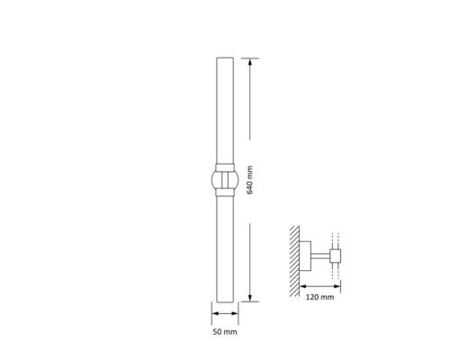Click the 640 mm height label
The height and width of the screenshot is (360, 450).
point(249,180)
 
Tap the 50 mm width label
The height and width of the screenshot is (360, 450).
point(225,332)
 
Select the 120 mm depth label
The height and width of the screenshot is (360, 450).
point(319,297)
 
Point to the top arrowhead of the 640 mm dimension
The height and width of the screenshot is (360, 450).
point(250,61)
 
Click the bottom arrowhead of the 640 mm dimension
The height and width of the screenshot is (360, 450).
point(250,298)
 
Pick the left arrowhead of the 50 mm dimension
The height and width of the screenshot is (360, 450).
point(215,313)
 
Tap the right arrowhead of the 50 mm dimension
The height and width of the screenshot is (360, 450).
point(235,313)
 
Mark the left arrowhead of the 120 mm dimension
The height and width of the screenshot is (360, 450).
point(303,286)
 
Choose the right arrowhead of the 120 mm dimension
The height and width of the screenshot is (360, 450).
point(337,286)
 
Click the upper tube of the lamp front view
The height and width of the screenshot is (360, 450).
point(225,111)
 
